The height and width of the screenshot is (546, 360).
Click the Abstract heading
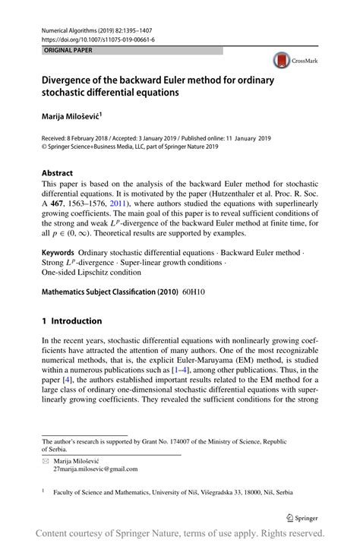tap(58, 172)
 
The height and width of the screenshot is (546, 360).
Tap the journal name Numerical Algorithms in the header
tap(73, 29)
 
